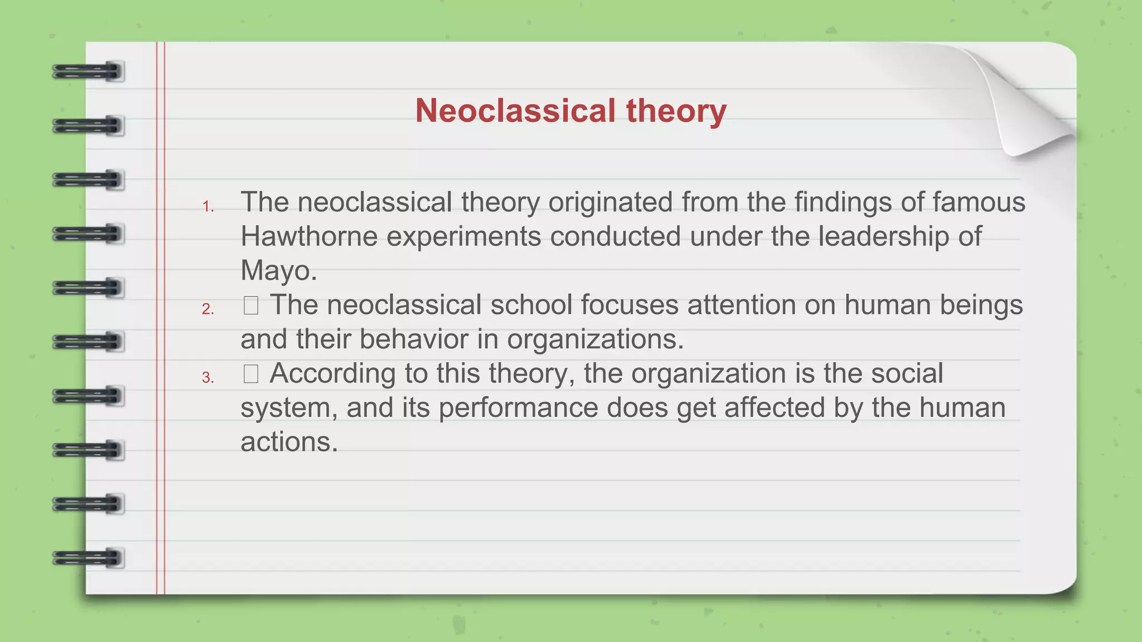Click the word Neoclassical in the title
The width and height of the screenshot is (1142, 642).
click(x=515, y=110)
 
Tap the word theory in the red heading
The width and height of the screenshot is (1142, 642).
click(x=676, y=110)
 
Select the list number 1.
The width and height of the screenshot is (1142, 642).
click(x=208, y=207)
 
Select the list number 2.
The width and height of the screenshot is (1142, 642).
click(x=208, y=309)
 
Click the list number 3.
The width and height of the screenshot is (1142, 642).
click(x=208, y=378)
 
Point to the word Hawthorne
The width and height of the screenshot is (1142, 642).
click(x=309, y=236)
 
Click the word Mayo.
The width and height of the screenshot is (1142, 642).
click(x=278, y=271)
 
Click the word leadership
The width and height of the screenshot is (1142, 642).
click(x=883, y=236)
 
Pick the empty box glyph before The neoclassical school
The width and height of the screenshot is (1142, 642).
click(x=251, y=305)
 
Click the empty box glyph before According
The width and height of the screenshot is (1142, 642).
click(x=251, y=374)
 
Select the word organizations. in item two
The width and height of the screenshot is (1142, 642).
click(x=595, y=339)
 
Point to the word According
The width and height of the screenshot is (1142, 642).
click(x=333, y=374)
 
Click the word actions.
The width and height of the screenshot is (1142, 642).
click(x=289, y=442)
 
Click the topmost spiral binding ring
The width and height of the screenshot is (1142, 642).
click(x=88, y=72)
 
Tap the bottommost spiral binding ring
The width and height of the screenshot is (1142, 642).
click(x=88, y=558)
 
